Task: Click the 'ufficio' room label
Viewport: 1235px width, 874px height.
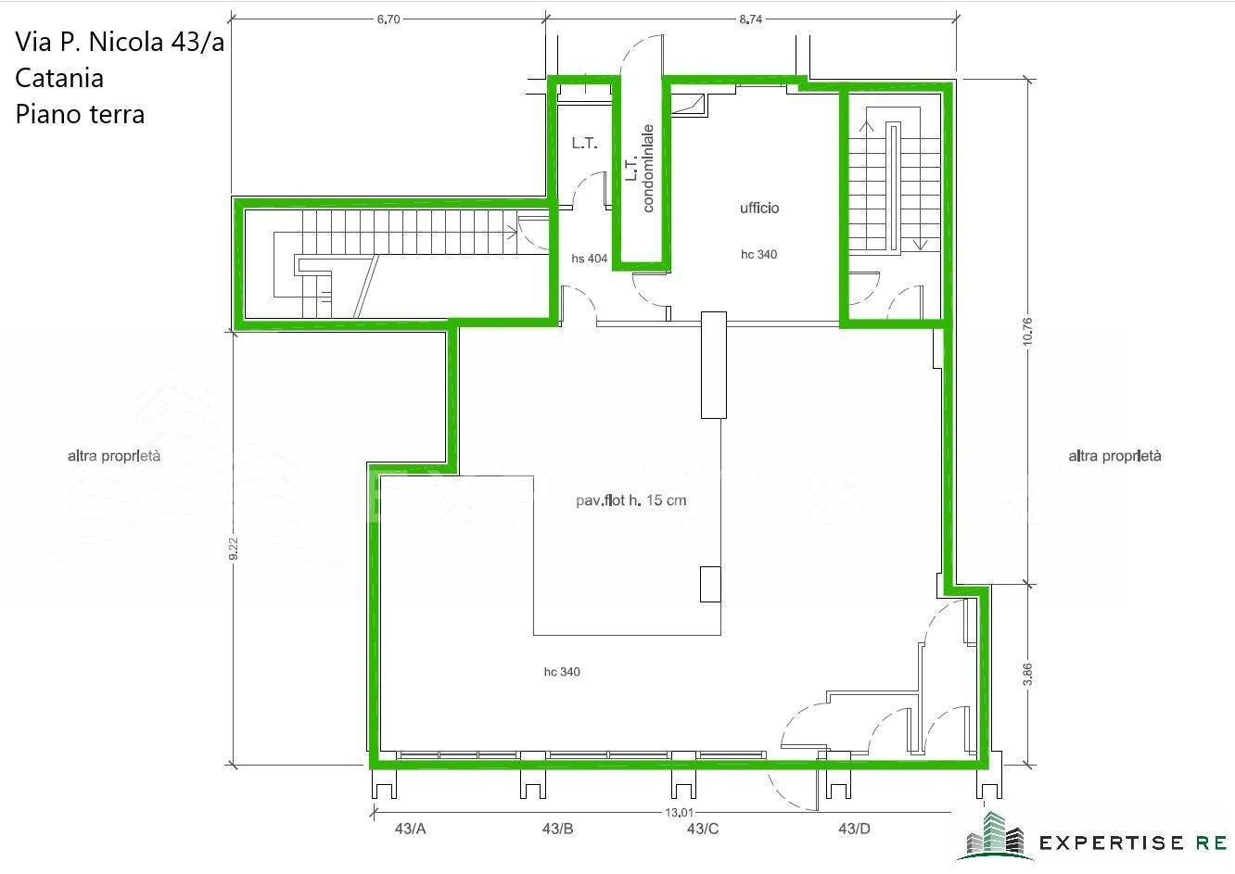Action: pyautogui.click(x=758, y=209)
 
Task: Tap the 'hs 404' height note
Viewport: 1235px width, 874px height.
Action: pyautogui.click(x=590, y=259)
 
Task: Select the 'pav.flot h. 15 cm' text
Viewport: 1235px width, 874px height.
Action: pyautogui.click(x=630, y=501)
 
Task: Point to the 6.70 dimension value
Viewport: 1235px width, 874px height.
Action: pyautogui.click(x=388, y=19)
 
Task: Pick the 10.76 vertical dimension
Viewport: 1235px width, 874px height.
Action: pyautogui.click(x=1026, y=332)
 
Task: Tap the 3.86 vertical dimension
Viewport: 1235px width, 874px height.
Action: pyautogui.click(x=1026, y=674)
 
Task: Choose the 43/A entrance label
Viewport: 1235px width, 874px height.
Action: pyautogui.click(x=410, y=829)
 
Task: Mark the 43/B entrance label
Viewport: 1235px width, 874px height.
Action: pyautogui.click(x=557, y=829)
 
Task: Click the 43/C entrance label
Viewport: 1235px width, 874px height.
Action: pyautogui.click(x=703, y=829)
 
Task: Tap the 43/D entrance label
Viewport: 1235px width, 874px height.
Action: pyautogui.click(x=853, y=829)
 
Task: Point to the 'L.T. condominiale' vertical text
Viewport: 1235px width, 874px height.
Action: pyautogui.click(x=639, y=169)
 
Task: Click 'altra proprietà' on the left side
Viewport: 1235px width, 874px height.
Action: pyautogui.click(x=114, y=456)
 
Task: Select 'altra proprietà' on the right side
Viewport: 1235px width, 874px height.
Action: pyautogui.click(x=1114, y=456)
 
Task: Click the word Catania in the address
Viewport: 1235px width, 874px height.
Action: pyautogui.click(x=59, y=77)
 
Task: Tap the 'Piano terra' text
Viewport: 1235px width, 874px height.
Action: pyautogui.click(x=80, y=114)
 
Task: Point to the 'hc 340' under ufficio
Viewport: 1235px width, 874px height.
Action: pyautogui.click(x=758, y=255)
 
